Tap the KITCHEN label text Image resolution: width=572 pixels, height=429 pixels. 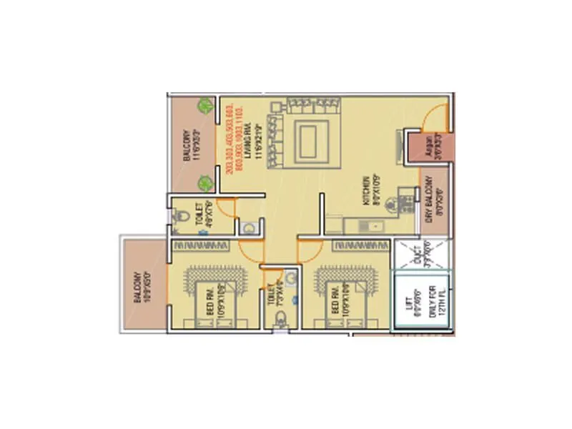coord(365,192)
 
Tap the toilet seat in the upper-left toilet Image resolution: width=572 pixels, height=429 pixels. coord(181,215)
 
